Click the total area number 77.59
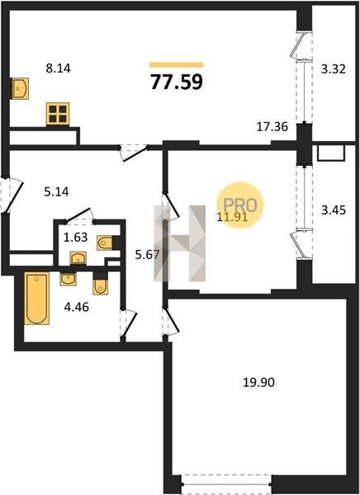177,82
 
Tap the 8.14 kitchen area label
58,68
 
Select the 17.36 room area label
272,127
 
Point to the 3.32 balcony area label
334,68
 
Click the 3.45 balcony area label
334,210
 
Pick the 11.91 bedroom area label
232,217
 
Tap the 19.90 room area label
258,383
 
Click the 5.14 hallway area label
57,191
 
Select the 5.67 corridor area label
147,254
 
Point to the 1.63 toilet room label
75,237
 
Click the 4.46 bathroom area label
77,307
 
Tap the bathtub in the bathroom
36,299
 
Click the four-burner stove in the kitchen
58,114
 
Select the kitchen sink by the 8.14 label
21,88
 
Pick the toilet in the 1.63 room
105,243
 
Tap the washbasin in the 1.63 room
78,258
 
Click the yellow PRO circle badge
240,205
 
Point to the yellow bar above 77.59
177,64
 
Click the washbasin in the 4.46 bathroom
68,280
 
